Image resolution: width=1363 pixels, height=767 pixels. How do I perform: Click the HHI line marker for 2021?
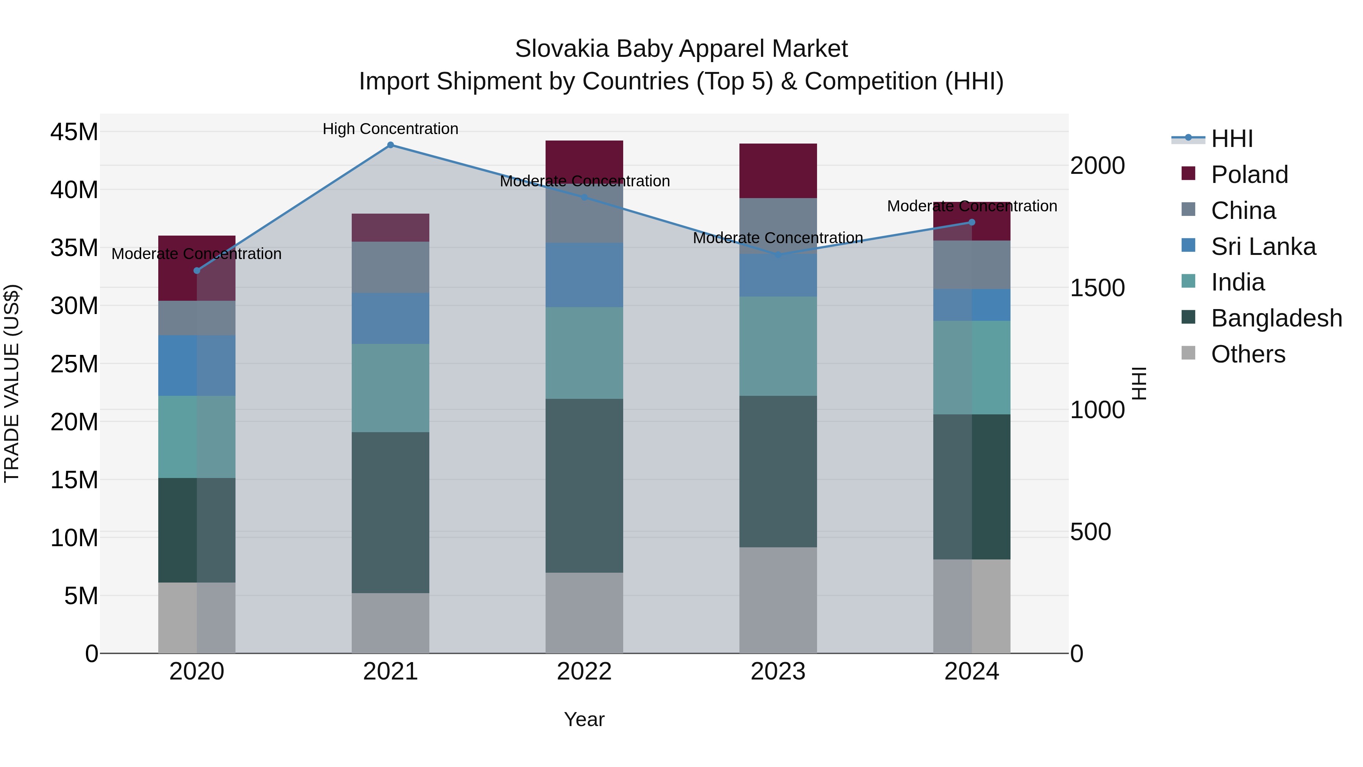click(390, 145)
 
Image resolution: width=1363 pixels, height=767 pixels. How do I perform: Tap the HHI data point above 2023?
click(778, 255)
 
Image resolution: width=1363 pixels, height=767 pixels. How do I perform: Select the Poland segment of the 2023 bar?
click(778, 170)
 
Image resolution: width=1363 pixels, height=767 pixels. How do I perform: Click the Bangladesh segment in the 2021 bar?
click(390, 512)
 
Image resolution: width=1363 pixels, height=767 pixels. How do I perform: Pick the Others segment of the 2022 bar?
click(584, 612)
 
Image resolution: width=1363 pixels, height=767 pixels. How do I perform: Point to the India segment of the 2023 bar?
click(778, 346)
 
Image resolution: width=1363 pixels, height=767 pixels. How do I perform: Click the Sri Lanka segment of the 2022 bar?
click(584, 275)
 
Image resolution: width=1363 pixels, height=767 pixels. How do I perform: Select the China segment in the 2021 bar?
click(390, 267)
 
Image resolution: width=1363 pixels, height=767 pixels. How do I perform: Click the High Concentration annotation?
click(390, 129)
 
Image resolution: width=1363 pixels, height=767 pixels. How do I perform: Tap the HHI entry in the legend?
click(1231, 139)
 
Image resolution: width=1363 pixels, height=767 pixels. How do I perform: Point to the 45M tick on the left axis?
click(74, 132)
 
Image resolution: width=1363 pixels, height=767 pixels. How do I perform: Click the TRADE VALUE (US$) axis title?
click(12, 383)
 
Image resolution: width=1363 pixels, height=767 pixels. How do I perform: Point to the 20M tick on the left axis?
click(74, 422)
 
